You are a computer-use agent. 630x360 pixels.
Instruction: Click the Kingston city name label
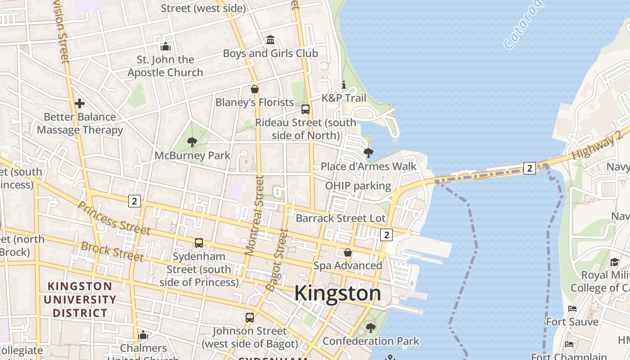pos(337,293)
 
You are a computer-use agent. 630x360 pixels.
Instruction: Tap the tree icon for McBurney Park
pos(192,143)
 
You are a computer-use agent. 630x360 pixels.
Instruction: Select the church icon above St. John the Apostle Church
pos(166,46)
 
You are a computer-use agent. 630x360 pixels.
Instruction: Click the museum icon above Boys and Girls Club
pos(270,40)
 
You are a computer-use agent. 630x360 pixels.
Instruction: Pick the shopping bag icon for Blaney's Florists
pos(255,89)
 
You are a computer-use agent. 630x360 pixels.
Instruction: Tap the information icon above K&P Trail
pos(344,85)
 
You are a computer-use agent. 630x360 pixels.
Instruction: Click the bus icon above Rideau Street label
pos(306,109)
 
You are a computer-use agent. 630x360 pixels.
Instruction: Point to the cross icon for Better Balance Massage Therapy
pos(80,103)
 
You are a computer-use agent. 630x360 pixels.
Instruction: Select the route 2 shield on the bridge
pos(530,168)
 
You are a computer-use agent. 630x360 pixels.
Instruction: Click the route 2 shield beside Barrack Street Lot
pos(386,234)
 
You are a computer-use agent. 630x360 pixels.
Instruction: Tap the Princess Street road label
pos(114,218)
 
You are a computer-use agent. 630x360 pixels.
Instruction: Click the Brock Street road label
pos(112,252)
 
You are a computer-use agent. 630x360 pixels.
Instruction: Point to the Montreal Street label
pos(253,216)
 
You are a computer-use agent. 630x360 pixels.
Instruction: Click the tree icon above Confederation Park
pos(371,328)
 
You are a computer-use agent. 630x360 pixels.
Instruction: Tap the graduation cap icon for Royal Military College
pos(614,262)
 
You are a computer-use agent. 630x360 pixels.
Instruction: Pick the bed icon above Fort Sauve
pos(572,309)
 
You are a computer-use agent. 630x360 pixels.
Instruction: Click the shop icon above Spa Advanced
pos(348,252)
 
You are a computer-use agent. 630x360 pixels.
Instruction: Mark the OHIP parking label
pos(358,186)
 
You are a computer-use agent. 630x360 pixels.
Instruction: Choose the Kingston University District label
pos(80,299)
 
